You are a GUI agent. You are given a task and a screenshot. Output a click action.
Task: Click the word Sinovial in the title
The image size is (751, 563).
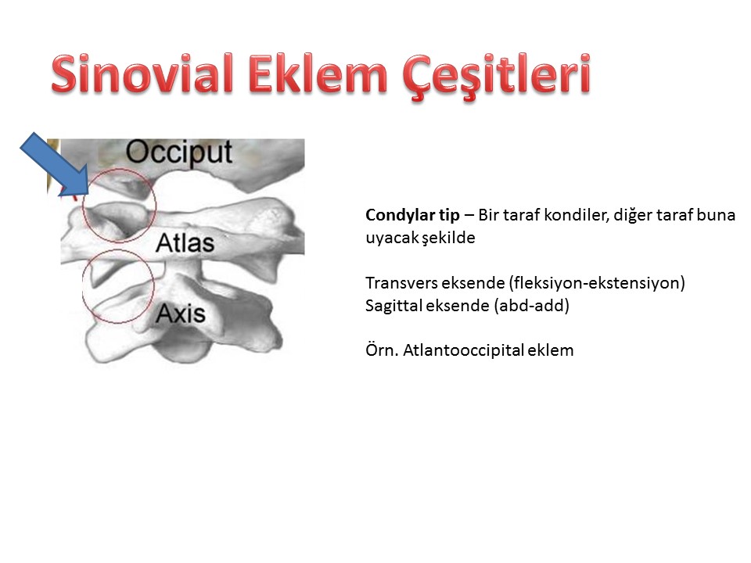pos(142,74)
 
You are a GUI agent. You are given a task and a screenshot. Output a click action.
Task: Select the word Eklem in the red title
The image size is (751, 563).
pos(318,74)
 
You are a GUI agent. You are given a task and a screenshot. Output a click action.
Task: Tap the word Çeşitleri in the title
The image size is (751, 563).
pos(497,77)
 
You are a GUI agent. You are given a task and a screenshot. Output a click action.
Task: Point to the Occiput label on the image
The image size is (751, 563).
pos(179,152)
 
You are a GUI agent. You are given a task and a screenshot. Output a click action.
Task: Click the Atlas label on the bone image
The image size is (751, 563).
pos(185,242)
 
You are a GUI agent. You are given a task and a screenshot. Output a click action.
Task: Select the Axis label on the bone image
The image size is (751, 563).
pos(181,314)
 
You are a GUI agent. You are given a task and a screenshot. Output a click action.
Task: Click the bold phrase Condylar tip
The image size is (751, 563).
pos(412,215)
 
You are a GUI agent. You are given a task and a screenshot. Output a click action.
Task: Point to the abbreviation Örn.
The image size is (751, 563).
pos(382,350)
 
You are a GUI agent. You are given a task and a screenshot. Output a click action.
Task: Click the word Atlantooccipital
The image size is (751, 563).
pos(463,350)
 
